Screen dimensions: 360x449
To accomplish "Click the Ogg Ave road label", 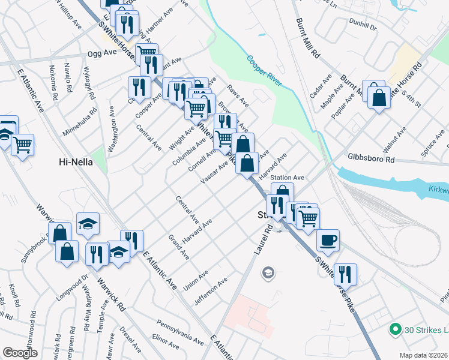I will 101,53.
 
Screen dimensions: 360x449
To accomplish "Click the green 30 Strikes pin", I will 394,329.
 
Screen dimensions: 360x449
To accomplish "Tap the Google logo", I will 20,353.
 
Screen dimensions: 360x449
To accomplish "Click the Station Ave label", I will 288,178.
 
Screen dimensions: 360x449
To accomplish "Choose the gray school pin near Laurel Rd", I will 268,274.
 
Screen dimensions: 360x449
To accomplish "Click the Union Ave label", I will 196,278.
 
